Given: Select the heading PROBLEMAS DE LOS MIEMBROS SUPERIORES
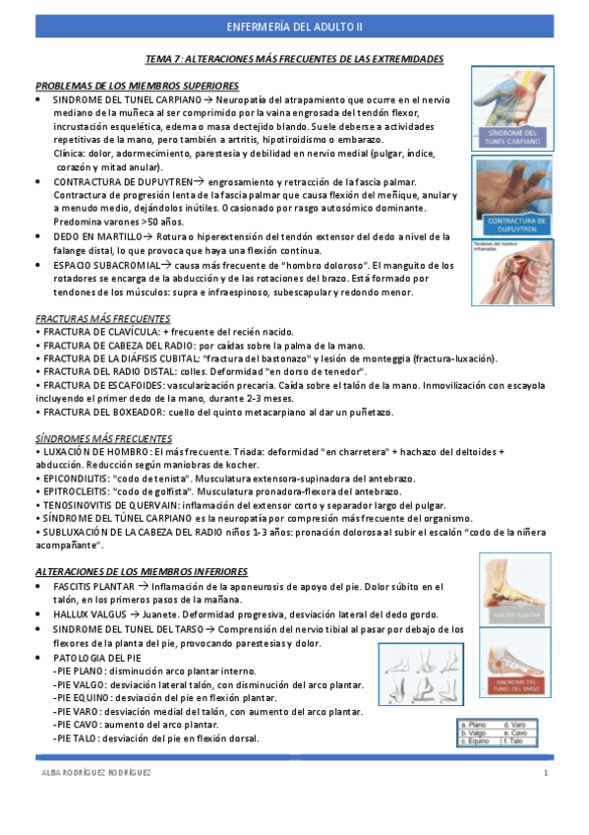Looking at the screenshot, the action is click(137, 87).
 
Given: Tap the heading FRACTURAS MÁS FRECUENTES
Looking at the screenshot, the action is click(102, 318).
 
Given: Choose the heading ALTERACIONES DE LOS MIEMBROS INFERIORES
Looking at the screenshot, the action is click(142, 571).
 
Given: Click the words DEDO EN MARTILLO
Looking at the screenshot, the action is click(92, 236).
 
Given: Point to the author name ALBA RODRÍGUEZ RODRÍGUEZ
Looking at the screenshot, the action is click(95, 774).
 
